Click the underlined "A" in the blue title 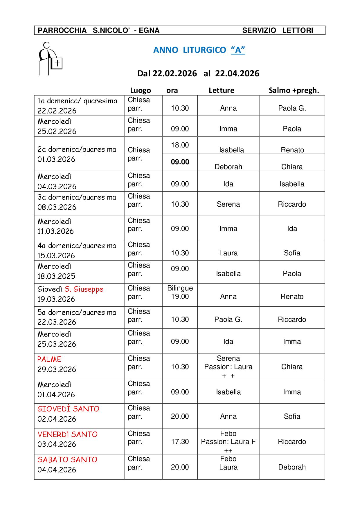pos(238,50)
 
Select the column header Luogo pos(140,90)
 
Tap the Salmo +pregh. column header pos(294,90)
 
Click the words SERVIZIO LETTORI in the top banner pos(278,30)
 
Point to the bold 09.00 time pos(180,162)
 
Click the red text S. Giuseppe pos(84,289)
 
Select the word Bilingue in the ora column pos(180,288)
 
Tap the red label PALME pos(49,359)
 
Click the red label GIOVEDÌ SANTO pos(68,409)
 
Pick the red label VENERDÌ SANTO pos(67,434)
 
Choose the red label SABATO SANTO pos(67,460)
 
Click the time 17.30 pos(180,442)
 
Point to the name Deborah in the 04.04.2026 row pos(292,467)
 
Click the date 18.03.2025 pos(56,276)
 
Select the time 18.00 pos(180,145)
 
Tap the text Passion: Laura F pos(228,442)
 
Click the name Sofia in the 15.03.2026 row pos(292,253)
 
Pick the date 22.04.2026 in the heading pos(237,73)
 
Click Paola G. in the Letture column pos(228,320)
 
